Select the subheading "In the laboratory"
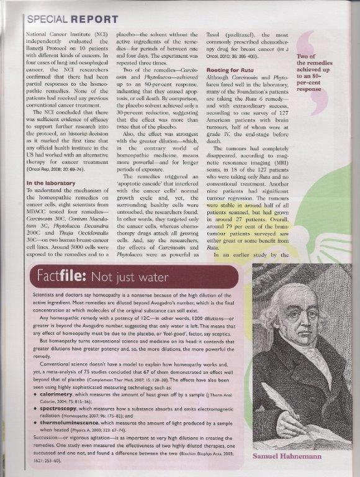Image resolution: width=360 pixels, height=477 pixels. click(50, 183)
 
